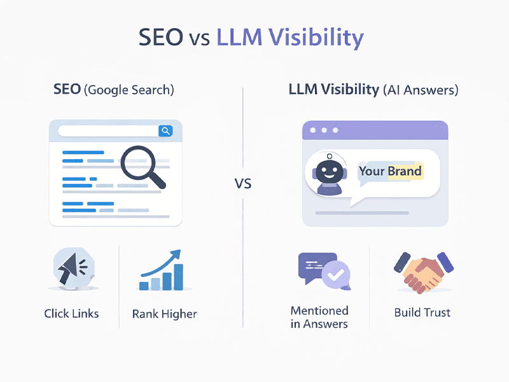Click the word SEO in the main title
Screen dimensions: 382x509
click(x=160, y=38)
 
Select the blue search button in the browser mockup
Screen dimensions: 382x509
click(x=165, y=131)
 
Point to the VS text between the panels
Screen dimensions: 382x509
click(x=243, y=185)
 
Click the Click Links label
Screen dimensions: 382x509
click(x=71, y=313)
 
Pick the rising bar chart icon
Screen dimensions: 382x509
click(x=162, y=272)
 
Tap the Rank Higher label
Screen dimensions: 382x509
click(x=164, y=313)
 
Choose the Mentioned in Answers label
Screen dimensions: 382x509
click(x=319, y=317)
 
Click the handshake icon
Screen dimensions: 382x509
click(x=422, y=271)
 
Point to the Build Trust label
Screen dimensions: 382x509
click(x=422, y=313)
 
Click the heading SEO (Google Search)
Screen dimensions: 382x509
click(x=113, y=90)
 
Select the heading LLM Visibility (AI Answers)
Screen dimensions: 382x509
click(x=373, y=90)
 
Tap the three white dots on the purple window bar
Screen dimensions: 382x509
click(x=324, y=131)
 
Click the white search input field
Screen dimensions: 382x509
click(x=108, y=131)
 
